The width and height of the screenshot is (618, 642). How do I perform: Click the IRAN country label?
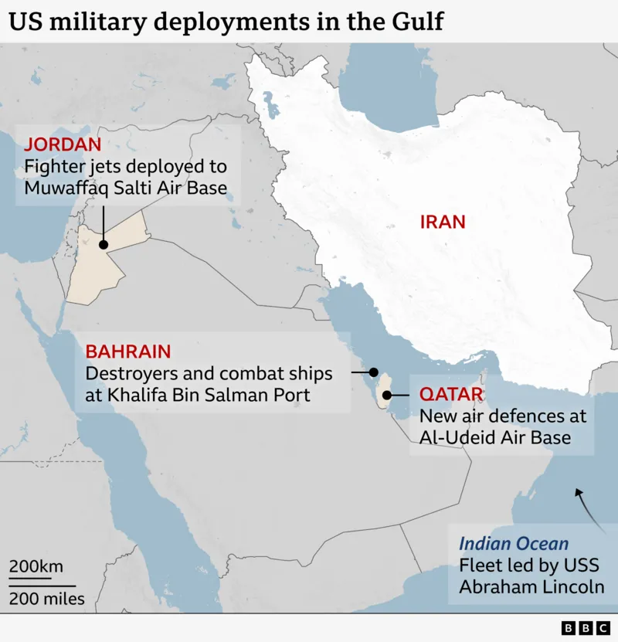tap(443, 222)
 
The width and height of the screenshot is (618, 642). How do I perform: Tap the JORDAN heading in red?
tap(63, 144)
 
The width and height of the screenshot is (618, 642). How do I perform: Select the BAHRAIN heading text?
tap(128, 352)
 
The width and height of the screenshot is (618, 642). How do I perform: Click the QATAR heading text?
tap(451, 395)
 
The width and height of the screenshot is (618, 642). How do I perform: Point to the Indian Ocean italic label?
tap(514, 543)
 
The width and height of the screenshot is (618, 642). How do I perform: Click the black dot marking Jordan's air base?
tap(103, 243)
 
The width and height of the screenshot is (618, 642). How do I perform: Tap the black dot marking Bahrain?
tap(374, 372)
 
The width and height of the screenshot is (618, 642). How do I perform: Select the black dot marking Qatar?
tap(386, 396)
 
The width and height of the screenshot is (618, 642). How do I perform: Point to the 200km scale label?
tap(36, 566)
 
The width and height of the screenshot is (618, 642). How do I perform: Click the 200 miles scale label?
tap(46, 598)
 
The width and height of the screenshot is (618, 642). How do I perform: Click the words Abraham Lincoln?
tap(531, 586)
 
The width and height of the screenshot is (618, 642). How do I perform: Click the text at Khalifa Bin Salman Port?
tap(198, 396)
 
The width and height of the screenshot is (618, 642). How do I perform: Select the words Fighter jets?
tap(70, 166)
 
